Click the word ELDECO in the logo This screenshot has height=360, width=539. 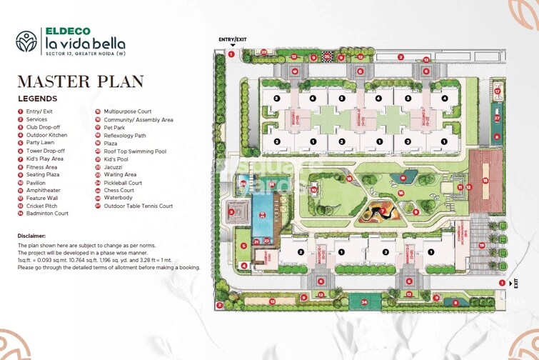coord(68,31)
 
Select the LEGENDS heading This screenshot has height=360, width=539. coord(38,99)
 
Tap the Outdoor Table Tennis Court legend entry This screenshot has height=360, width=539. coord(138,206)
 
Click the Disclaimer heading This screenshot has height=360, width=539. coord(31,236)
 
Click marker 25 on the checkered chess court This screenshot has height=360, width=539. coord(328,55)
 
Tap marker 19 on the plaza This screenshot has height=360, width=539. coord(482,246)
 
